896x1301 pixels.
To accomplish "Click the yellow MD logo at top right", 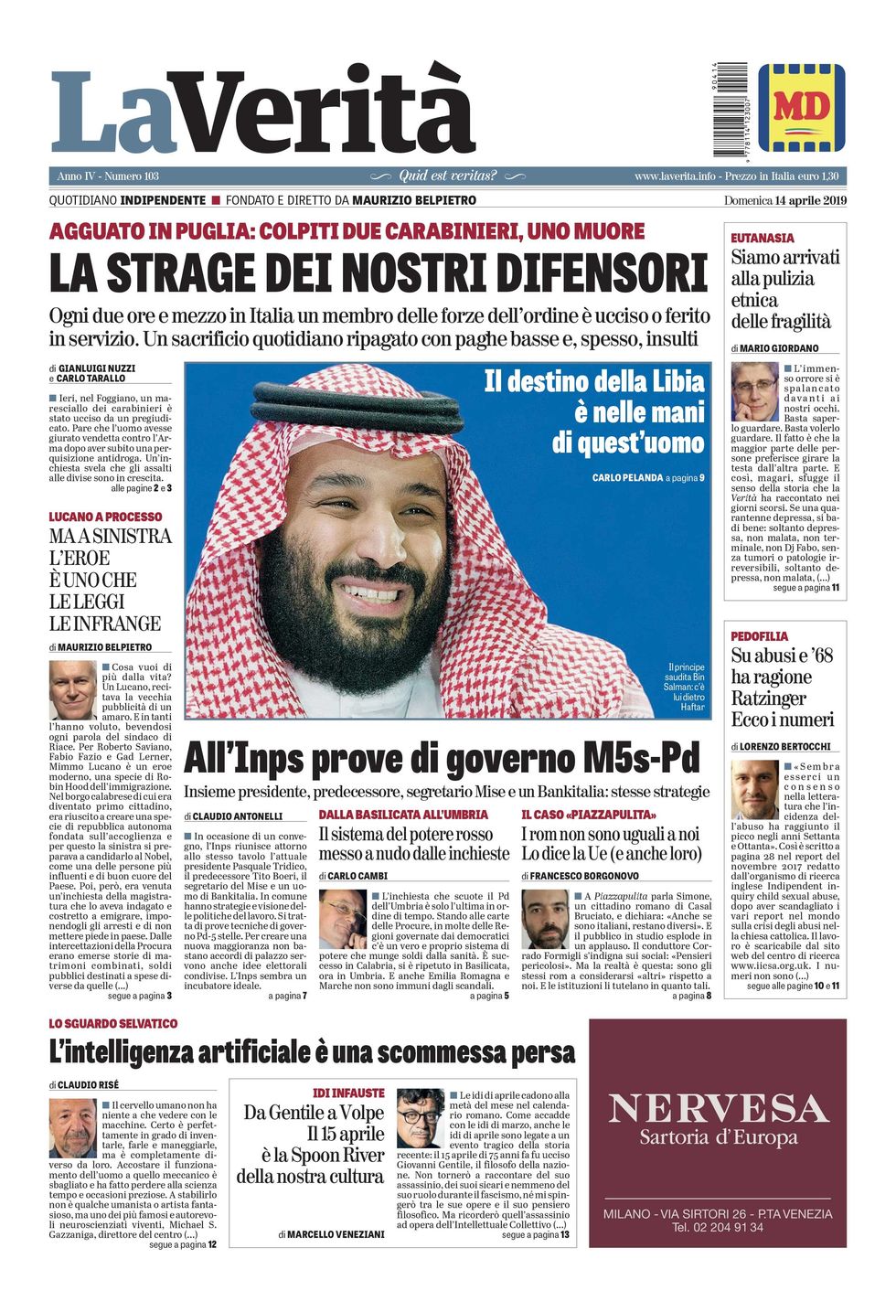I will coord(801,108).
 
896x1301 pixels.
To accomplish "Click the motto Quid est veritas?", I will coord(448,176).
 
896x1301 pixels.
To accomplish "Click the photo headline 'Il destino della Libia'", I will coord(594,381).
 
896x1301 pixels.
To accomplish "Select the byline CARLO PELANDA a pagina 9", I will coord(647,478).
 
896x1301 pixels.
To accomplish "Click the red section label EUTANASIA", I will coord(762,238).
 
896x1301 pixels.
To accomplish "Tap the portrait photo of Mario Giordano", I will coord(754,391).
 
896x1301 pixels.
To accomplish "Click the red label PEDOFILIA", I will coord(759,636).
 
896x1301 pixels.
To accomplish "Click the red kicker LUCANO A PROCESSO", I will coord(104,517).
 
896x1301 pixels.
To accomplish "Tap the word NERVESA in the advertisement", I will coord(718,1109).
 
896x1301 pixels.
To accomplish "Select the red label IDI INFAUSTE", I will coord(348,1093).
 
